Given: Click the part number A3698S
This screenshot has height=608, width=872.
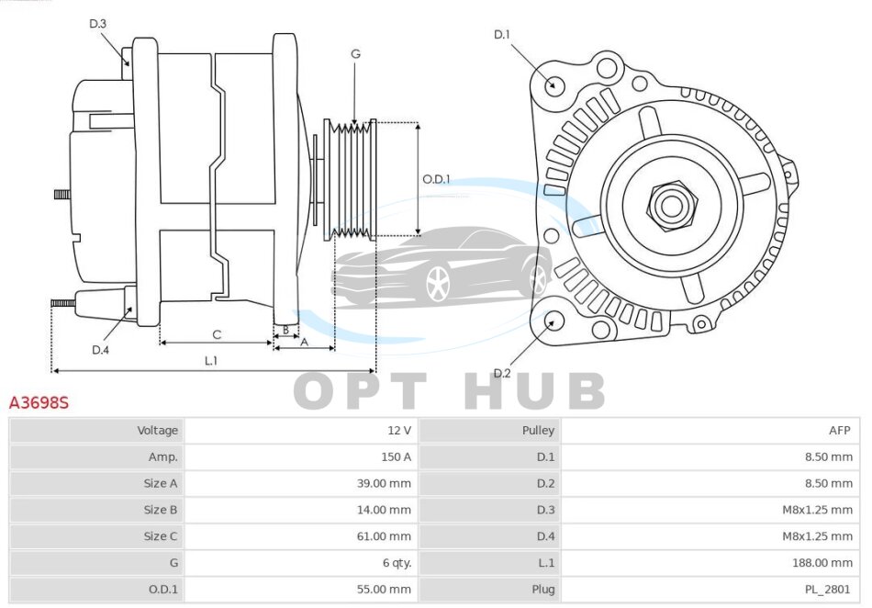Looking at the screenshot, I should coord(39,403).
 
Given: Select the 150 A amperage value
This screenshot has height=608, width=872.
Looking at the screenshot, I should coord(396,456).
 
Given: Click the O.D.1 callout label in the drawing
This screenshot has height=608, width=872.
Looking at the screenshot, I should coord(436,179).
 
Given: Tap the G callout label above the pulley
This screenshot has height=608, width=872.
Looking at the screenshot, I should coord(355,54).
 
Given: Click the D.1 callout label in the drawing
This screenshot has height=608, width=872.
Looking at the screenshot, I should coord(501,35).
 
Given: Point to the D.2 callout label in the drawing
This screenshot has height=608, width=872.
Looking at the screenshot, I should coord(501,373).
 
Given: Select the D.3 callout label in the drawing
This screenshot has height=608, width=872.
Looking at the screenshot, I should coord(98,24).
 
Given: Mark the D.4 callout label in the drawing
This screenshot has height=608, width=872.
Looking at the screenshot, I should coord(100,349).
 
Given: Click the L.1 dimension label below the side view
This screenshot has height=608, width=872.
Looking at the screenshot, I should coord(210,361).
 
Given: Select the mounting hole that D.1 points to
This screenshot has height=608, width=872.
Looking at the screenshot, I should coord(553,85).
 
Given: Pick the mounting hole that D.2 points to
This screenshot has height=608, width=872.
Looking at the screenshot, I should coord(553,321).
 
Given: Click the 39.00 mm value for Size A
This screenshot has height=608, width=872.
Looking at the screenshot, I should coord(388,483).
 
